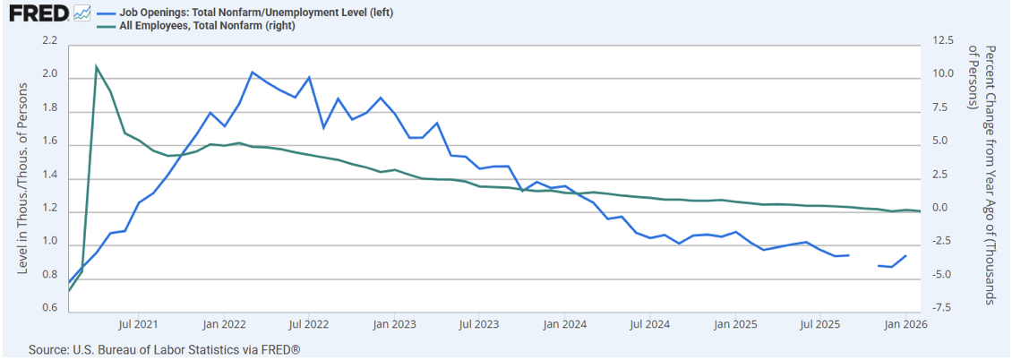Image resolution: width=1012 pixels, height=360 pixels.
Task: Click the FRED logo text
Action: (39, 13)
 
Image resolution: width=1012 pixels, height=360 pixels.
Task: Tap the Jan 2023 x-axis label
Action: (392, 324)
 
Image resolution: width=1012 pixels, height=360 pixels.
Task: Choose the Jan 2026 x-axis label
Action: (903, 324)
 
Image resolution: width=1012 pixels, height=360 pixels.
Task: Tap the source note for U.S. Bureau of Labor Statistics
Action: (164, 348)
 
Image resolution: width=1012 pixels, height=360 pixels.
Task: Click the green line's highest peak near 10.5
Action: (96, 66)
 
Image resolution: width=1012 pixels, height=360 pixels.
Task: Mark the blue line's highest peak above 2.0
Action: (253, 72)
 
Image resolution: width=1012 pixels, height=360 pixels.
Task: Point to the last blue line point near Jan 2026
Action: (906, 256)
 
